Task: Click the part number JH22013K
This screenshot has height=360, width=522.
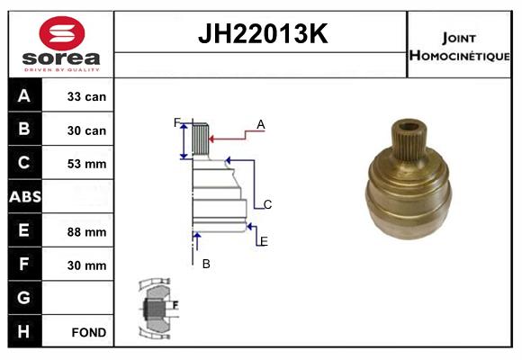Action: (x=262, y=35)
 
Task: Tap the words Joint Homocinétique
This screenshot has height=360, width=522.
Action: (x=459, y=46)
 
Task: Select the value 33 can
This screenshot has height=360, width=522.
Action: (x=87, y=96)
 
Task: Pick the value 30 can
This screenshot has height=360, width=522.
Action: (x=87, y=130)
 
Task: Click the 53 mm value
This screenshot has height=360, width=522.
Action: (x=87, y=164)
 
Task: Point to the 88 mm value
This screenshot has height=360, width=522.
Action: (x=87, y=231)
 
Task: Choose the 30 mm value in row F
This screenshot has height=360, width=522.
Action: (x=87, y=265)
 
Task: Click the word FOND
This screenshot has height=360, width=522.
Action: (x=88, y=332)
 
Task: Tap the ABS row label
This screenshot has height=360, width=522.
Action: (x=24, y=196)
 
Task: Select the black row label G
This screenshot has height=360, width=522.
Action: (x=24, y=297)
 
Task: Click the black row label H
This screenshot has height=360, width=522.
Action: (x=24, y=331)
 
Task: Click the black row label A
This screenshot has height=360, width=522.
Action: (x=24, y=95)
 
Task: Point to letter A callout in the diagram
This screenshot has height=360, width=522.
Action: (x=261, y=124)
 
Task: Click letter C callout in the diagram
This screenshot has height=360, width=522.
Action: (x=267, y=204)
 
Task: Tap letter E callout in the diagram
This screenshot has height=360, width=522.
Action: (x=263, y=241)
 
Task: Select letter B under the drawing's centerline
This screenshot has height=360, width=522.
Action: (x=206, y=264)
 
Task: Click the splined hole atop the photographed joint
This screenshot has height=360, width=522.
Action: (x=410, y=128)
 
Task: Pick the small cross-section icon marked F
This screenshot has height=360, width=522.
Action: (x=158, y=308)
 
